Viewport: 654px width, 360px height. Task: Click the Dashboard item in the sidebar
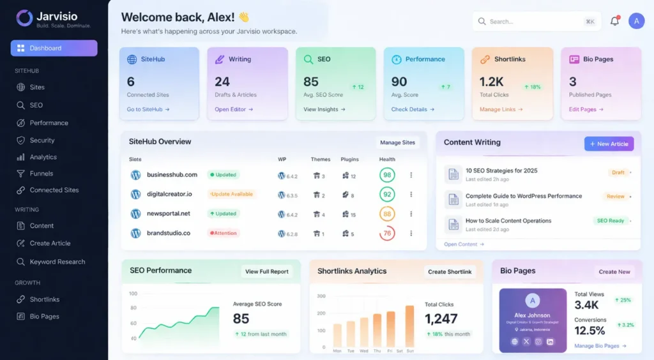point(54,48)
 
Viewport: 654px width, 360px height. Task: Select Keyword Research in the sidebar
point(57,262)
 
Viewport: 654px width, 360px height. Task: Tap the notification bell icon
point(614,21)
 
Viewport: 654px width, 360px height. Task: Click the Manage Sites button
point(397,142)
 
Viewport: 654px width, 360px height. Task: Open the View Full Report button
point(267,271)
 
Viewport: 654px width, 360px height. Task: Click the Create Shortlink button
point(450,271)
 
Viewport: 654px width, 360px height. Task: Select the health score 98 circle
point(387,175)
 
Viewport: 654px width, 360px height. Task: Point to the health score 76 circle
point(387,234)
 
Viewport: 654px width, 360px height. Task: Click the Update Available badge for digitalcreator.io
point(231,194)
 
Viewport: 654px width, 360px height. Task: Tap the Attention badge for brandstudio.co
point(224,233)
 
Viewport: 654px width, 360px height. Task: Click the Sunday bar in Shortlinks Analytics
point(410,326)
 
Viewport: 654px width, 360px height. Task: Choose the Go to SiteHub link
point(148,110)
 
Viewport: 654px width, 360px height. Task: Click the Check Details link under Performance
point(413,110)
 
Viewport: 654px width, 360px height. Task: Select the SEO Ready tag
point(610,221)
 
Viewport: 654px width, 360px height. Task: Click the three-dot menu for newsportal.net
point(411,214)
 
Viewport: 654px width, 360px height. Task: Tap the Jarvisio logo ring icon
point(24,18)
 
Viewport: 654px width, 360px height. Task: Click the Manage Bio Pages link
point(600,346)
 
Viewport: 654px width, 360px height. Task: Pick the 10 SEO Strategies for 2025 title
point(501,170)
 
